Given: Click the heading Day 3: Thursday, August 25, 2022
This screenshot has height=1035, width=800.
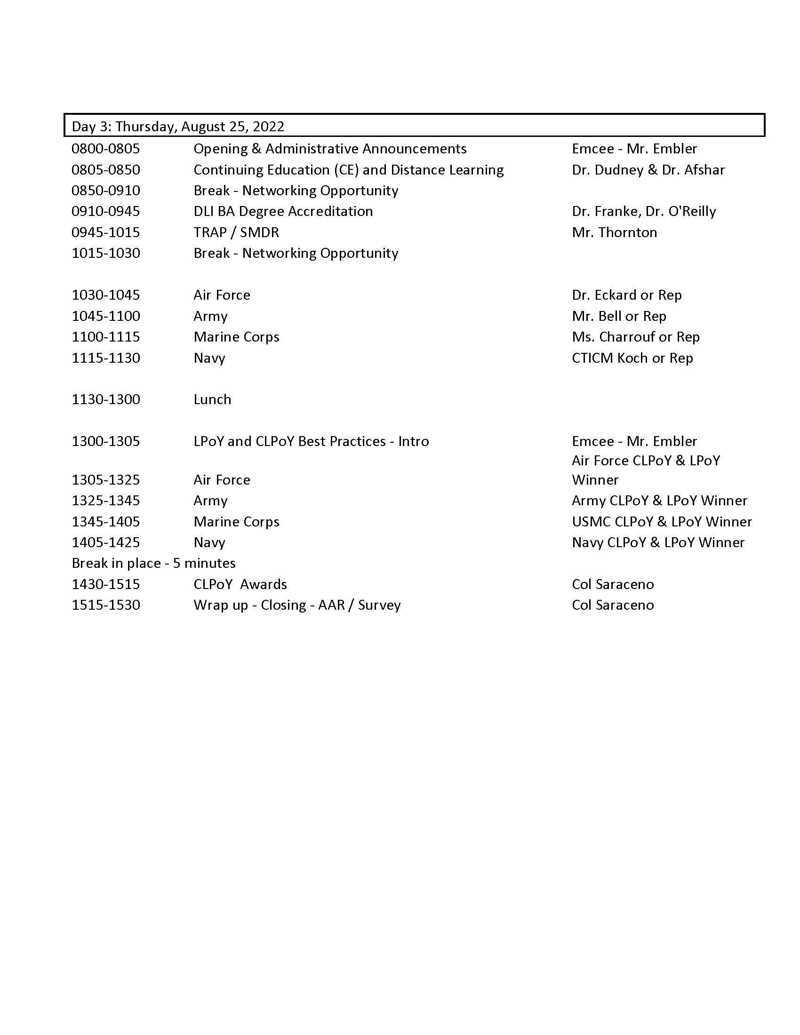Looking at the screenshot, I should click(x=178, y=127).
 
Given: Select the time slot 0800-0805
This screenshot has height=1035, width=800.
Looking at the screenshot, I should click(x=106, y=149).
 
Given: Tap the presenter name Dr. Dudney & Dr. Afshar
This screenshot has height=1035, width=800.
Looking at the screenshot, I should click(x=648, y=170).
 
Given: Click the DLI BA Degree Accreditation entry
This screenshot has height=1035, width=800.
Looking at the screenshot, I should click(x=283, y=211).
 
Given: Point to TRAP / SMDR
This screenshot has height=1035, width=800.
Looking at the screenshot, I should click(x=236, y=232).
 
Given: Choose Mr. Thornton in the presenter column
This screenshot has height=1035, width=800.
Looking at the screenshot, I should click(x=614, y=232).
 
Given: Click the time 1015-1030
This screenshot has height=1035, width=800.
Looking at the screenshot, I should click(x=106, y=253).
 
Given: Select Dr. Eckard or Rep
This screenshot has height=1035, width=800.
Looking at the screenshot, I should click(x=626, y=295).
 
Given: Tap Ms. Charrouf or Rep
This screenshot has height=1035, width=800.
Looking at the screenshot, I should click(x=636, y=337).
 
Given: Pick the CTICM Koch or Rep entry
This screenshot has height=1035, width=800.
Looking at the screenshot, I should click(x=632, y=358).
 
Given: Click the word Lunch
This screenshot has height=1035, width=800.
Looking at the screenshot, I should click(x=212, y=399).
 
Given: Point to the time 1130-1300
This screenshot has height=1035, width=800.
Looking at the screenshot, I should click(x=106, y=399).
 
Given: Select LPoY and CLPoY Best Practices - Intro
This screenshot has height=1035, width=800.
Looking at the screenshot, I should click(x=311, y=441).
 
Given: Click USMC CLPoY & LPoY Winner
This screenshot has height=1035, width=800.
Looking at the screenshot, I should click(x=662, y=522).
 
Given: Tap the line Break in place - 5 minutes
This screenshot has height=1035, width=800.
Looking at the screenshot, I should click(x=153, y=563).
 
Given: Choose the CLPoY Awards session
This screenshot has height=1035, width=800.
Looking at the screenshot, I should click(x=240, y=584).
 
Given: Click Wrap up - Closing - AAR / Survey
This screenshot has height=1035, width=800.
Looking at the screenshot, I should click(x=297, y=605).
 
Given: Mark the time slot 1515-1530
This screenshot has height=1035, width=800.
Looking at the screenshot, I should click(x=106, y=605).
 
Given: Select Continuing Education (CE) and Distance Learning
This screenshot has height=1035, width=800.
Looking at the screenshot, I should click(x=348, y=170).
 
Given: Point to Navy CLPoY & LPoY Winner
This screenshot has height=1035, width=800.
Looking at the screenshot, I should click(x=658, y=542).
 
